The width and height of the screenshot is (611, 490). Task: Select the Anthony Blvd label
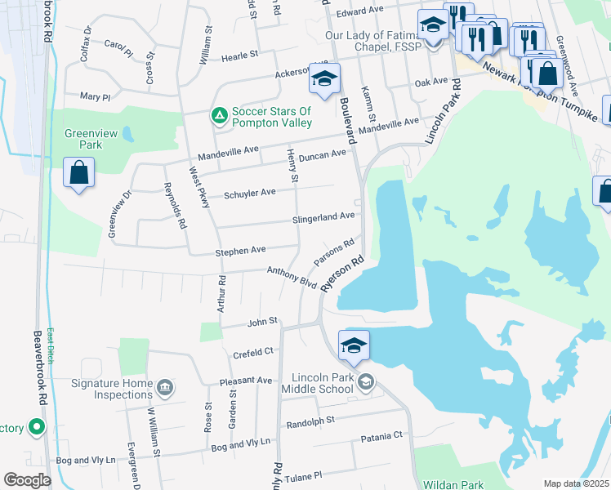click(292, 277)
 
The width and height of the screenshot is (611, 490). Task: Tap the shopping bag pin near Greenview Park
click(78, 174)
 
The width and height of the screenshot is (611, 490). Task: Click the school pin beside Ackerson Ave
click(323, 81)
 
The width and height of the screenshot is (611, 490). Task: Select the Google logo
click(27, 480)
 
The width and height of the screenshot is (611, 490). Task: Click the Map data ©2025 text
click(576, 483)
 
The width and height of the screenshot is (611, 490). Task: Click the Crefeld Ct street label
click(252, 352)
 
